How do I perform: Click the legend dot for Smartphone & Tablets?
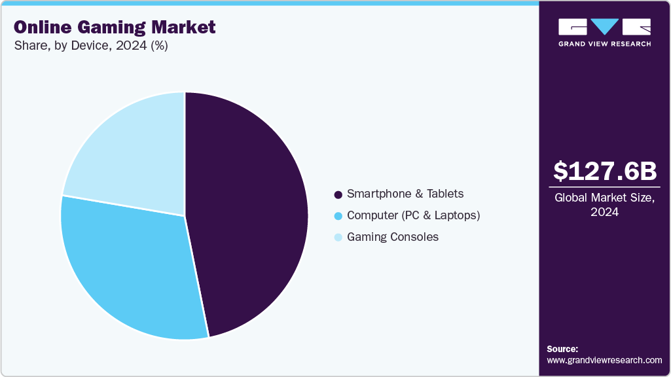[338, 194]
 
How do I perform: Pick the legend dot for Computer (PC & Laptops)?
[338, 216]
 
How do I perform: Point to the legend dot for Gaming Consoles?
[338, 238]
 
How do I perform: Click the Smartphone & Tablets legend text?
[405, 194]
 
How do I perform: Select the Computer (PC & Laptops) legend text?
[414, 215]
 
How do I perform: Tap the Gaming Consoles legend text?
[393, 237]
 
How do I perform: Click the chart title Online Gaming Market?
[115, 27]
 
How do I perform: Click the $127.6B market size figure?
[604, 171]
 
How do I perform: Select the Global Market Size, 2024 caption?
[604, 205]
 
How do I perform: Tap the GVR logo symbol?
[604, 27]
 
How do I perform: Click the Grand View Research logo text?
[604, 44]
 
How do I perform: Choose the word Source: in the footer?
[562, 349]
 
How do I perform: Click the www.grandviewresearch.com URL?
[604, 360]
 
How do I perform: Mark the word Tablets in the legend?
[444, 194]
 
